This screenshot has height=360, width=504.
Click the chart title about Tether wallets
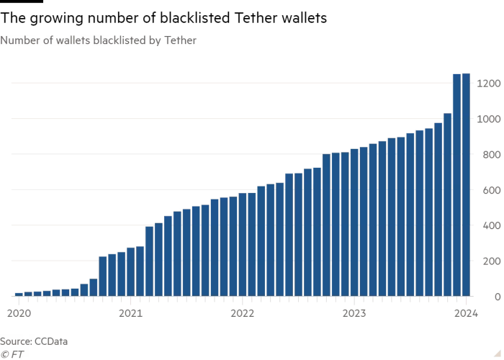coord(98,41)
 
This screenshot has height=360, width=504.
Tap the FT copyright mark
coord(12,354)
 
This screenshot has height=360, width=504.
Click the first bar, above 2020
coord(18,294)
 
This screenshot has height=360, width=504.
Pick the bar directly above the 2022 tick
coord(243,245)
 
